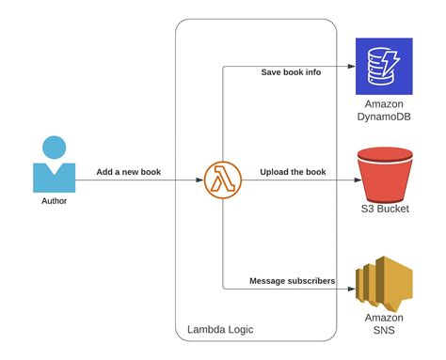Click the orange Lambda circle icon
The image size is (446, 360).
pos(222,180)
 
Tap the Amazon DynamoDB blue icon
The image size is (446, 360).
pos(383,66)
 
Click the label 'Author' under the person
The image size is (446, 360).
pos(55,201)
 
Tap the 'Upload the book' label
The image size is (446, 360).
pos(293,172)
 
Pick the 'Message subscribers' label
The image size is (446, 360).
pos(293,280)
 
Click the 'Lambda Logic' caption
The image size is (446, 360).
pos(220,329)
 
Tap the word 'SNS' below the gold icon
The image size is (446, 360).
pos(383,331)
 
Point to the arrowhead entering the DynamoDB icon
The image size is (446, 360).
pos(349,67)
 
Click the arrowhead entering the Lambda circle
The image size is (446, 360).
pos(200,180)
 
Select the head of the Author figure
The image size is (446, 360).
pos(55,148)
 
